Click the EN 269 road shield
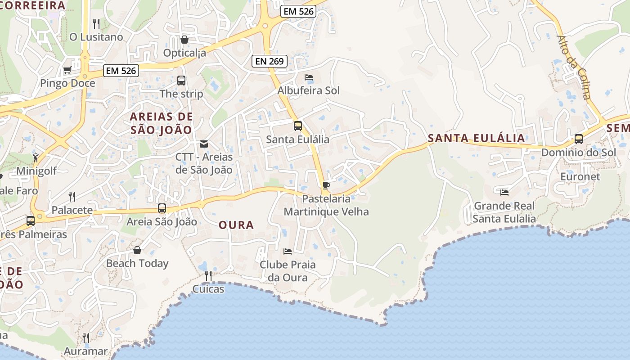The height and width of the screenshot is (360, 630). pos(269,61)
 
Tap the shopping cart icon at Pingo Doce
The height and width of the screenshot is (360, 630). pos(67,70)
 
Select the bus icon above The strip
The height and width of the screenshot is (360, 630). pos(181,81)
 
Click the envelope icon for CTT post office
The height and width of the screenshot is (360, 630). pos(204,144)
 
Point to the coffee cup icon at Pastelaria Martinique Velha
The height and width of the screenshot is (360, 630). pos(326,185)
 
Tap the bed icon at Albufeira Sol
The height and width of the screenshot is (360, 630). pos(309,77)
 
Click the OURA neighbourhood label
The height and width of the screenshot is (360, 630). pos(236,225)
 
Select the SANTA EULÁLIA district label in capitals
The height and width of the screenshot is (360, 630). pos(476,138)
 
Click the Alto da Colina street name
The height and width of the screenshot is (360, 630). pos(574,67)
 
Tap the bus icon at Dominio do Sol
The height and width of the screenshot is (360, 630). pos(579,139)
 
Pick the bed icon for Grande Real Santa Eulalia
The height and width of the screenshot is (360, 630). pos(504,193)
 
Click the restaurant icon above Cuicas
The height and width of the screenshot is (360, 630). pos(208,275)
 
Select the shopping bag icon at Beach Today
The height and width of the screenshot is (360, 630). pos(137,250)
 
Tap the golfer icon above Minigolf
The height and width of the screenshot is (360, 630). pos(36,158)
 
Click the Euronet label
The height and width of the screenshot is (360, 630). pos(580,176)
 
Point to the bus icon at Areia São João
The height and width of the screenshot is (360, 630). pos(162,208)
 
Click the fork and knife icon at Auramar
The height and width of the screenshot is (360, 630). pos(86,337)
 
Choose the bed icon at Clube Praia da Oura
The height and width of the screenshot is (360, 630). pos(288,251)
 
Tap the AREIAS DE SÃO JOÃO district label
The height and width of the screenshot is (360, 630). pos(161,123)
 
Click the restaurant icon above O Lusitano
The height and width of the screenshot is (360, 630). pos(96,23)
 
